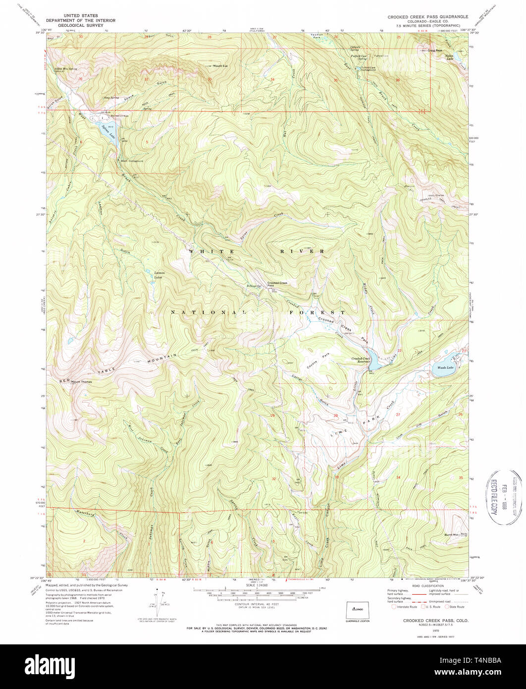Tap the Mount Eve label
[220, 65]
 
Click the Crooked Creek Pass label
[277, 284]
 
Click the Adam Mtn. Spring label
[66, 69]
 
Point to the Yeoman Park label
[315, 38]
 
